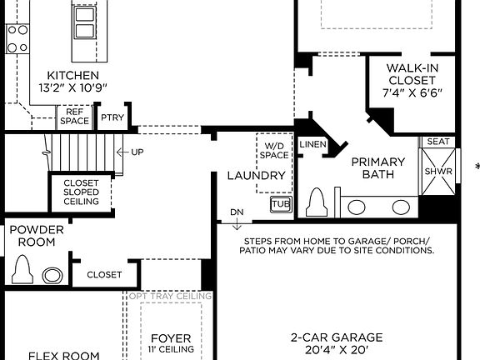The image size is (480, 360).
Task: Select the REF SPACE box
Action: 74,117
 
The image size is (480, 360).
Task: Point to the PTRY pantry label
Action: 112,117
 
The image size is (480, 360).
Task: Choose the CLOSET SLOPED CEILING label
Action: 81,192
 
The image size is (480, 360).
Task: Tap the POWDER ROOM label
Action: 32,236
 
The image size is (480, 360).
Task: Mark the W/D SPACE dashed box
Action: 273,149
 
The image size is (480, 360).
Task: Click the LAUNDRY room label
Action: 257,176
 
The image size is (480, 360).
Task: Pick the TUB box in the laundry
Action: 279,203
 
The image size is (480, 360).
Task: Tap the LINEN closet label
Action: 312,145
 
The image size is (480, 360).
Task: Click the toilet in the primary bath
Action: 317,202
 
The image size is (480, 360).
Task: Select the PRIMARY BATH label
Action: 377,167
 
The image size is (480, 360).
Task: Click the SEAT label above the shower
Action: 438,142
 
